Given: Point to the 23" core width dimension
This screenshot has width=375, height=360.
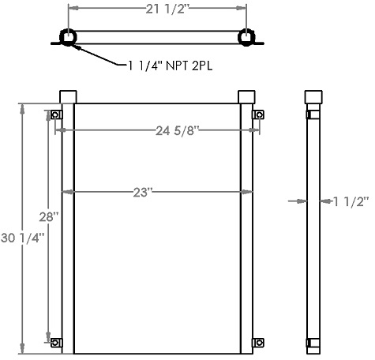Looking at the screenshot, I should (x=158, y=191).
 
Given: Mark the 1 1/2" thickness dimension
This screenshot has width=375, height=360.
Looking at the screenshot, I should (x=347, y=201).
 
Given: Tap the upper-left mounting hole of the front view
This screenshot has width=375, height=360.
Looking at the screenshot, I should (x=55, y=116).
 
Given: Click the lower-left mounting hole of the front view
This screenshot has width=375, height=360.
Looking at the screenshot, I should (x=55, y=343).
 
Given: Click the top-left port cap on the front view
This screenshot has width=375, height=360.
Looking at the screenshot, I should (x=68, y=96).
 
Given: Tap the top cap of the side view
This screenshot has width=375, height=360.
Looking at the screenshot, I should (x=313, y=96).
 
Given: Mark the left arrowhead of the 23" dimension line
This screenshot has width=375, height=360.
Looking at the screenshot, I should (x=77, y=191).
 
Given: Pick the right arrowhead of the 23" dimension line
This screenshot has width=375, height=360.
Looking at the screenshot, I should (x=238, y=191).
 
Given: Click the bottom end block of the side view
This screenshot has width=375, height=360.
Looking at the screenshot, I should (x=313, y=345).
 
